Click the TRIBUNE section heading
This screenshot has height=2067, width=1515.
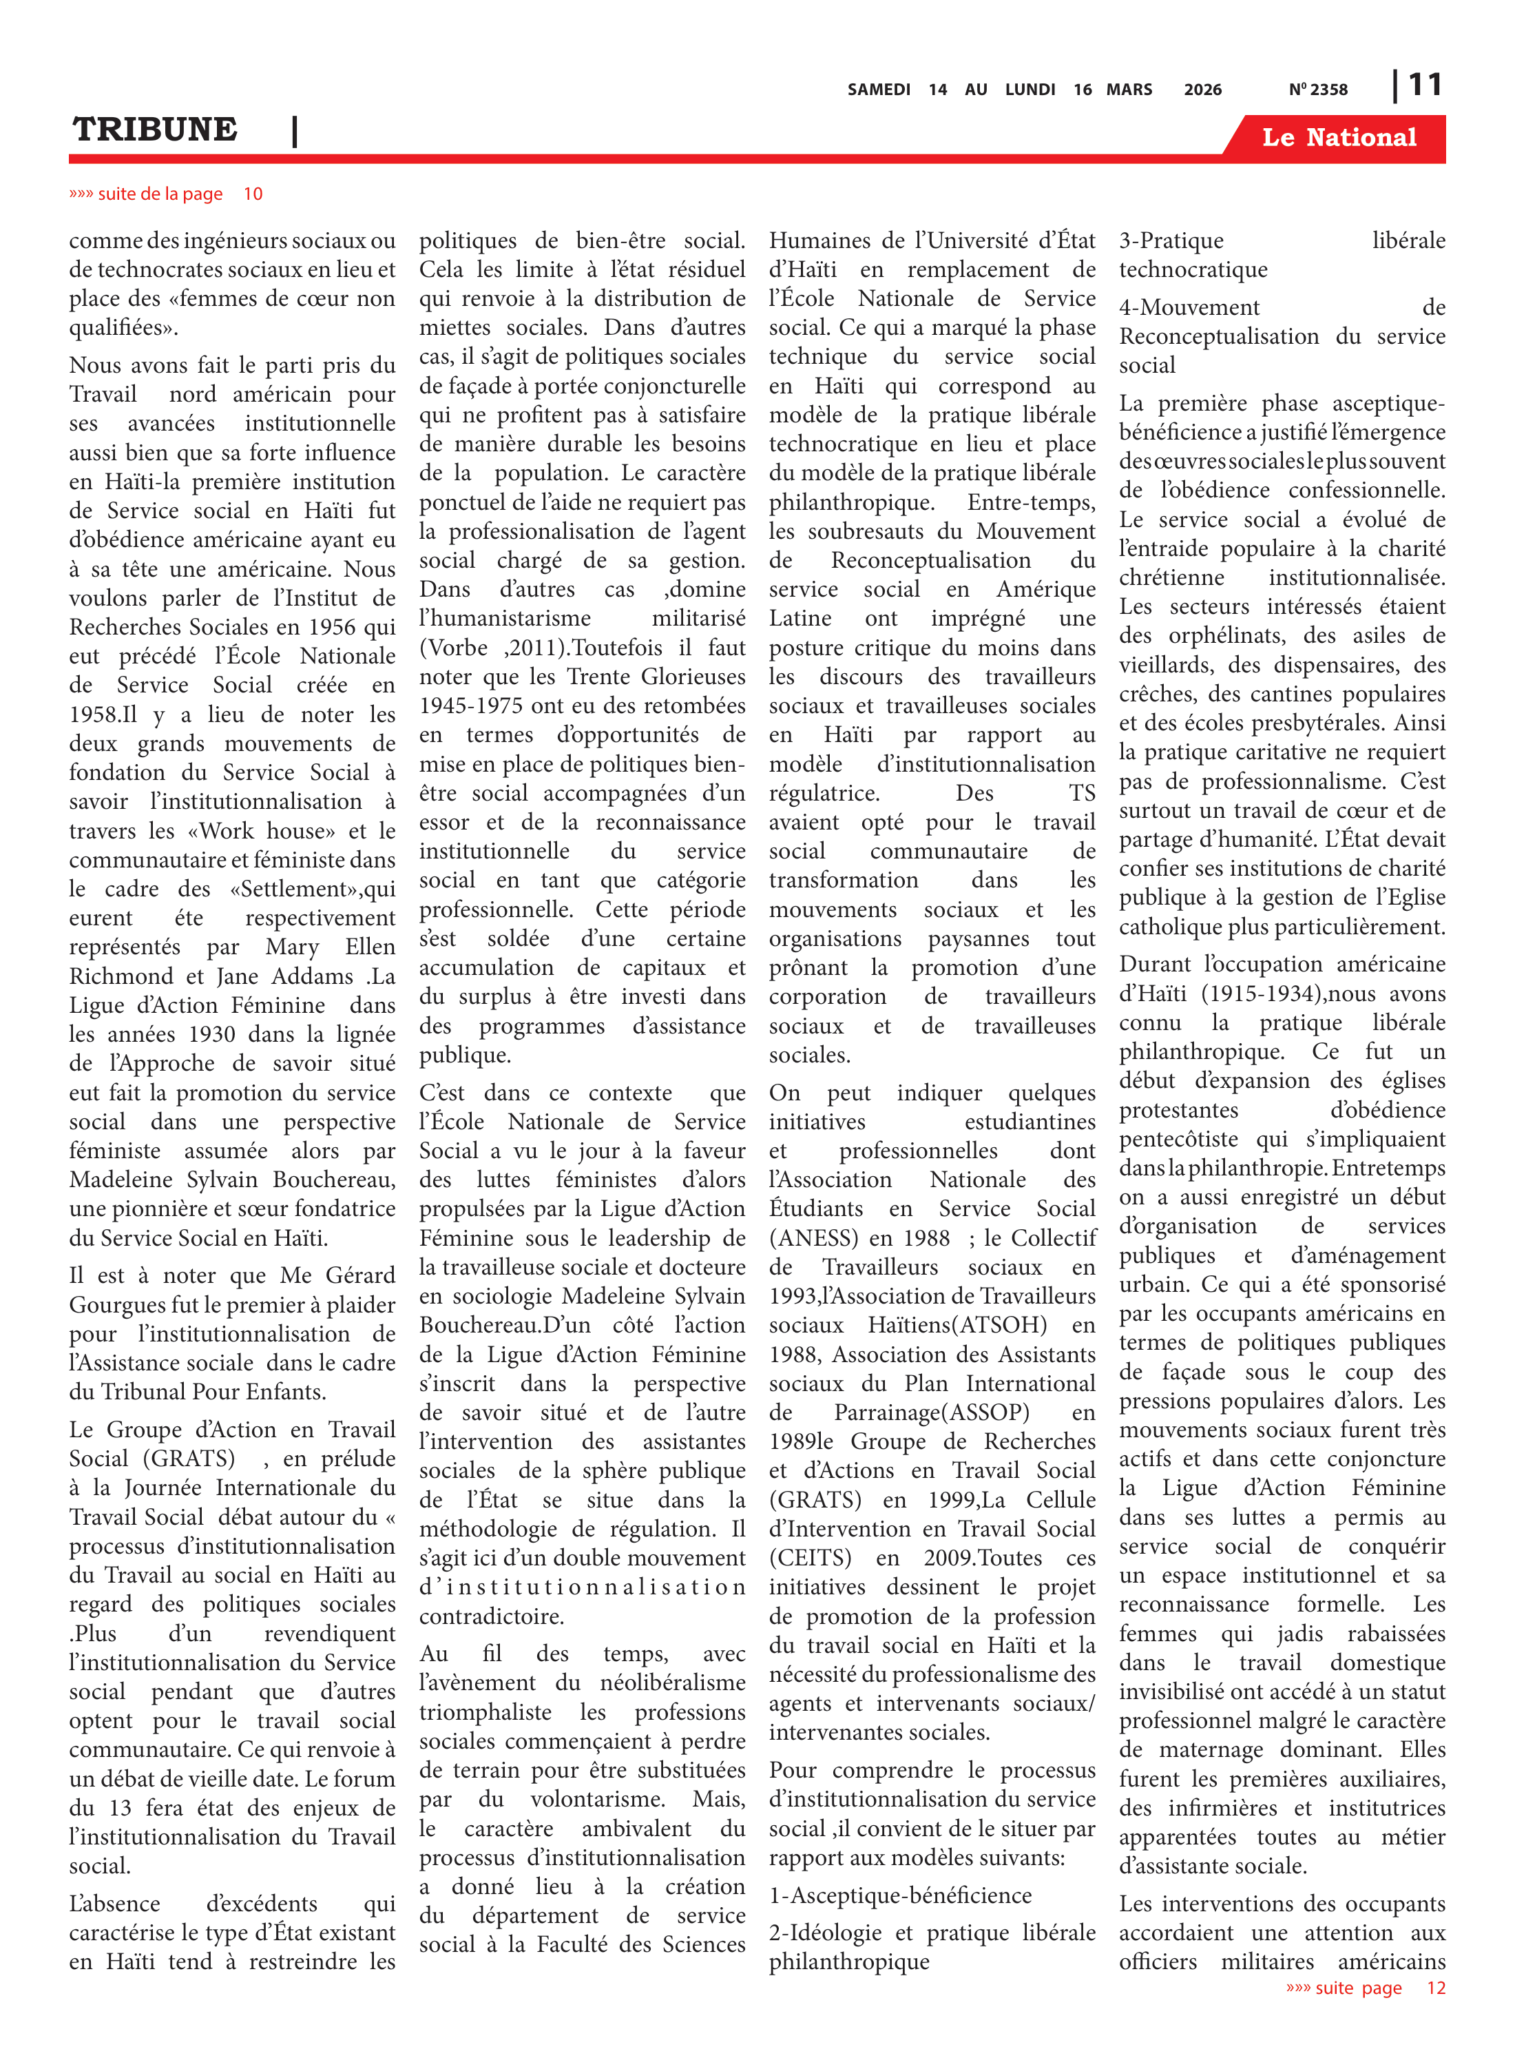click(x=155, y=130)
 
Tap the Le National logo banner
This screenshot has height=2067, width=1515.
click(x=1338, y=138)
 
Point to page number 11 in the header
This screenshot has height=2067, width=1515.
click(x=1424, y=85)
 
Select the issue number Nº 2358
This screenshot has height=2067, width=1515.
click(x=1318, y=90)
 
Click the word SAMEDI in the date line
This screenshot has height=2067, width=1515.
click(x=877, y=90)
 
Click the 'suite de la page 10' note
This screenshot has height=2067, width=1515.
click(x=166, y=194)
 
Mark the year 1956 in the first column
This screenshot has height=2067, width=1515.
click(x=330, y=628)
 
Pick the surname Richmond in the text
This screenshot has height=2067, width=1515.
click(x=119, y=976)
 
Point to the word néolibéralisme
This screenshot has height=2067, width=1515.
click(x=672, y=1683)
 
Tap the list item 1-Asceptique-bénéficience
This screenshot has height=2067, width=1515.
click(x=899, y=1895)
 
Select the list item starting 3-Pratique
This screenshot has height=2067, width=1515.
click(x=1171, y=241)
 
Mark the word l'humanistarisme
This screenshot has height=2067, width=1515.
click(x=505, y=618)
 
